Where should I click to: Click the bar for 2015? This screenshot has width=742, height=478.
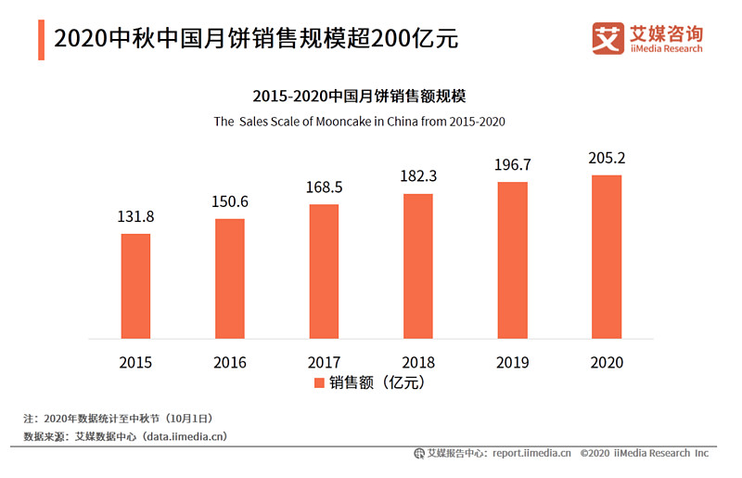[x=135, y=286]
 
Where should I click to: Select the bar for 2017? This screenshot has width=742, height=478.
[x=324, y=271]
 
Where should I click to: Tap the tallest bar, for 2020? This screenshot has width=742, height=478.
[x=606, y=257]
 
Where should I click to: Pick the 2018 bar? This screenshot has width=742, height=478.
[x=418, y=265]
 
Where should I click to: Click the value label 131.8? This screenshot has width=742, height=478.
[x=135, y=217]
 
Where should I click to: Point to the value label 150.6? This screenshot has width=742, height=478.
[x=230, y=202]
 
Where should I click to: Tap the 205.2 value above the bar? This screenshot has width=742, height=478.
[x=606, y=159]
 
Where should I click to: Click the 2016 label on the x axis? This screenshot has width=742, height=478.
[x=230, y=362]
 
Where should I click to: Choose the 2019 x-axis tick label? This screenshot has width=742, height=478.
[x=512, y=362]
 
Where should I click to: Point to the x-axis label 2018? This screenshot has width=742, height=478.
[x=418, y=362]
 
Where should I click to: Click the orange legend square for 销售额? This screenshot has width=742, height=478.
[x=318, y=382]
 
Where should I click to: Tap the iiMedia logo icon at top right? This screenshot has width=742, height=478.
[x=608, y=38]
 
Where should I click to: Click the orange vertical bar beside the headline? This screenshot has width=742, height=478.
[x=41, y=39]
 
